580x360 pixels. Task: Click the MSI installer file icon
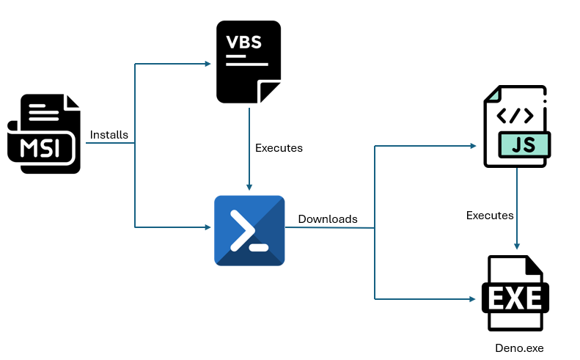tap(44, 133)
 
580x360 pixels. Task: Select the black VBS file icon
tap(249, 62)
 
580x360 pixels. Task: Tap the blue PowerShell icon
tap(249, 230)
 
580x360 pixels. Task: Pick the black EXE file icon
tap(515, 294)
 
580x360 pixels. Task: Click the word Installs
tap(109, 135)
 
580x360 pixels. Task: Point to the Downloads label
tap(328, 219)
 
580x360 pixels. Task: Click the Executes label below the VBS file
tap(279, 148)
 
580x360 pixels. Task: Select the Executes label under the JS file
tap(490, 216)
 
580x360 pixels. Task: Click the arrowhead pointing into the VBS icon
tap(207, 64)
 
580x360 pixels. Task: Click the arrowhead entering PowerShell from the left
tap(207, 227)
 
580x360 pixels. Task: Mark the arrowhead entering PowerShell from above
tap(249, 187)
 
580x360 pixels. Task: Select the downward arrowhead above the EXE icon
tap(518, 246)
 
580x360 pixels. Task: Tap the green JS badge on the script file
tap(524, 144)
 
